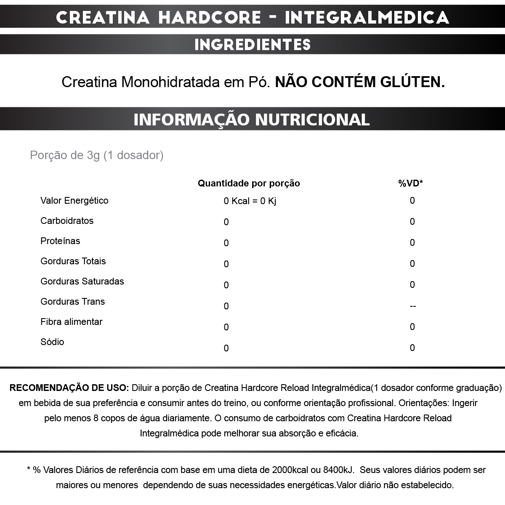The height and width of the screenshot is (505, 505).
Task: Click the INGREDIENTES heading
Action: (x=252, y=45)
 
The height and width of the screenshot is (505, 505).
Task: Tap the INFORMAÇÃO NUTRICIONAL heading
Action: (x=252, y=120)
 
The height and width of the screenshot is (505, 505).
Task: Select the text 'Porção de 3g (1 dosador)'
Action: (x=97, y=155)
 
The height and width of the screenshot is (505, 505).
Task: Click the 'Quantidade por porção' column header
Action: (x=249, y=183)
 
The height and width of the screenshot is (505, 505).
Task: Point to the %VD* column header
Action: (x=410, y=183)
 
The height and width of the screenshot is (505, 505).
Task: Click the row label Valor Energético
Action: (x=74, y=201)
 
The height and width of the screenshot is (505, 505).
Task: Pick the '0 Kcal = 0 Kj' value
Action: (x=250, y=201)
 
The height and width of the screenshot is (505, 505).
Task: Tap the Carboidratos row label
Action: (x=67, y=221)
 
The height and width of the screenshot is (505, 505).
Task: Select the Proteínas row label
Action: (x=60, y=241)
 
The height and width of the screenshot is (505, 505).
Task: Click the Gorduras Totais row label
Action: (x=73, y=261)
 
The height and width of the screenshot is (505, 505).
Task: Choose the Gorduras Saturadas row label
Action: (x=82, y=282)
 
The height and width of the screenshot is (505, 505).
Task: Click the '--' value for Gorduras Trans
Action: (x=412, y=306)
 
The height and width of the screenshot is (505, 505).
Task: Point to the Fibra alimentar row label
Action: (x=72, y=322)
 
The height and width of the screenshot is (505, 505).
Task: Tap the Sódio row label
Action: (x=52, y=342)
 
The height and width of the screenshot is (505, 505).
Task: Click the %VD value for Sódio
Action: (x=412, y=348)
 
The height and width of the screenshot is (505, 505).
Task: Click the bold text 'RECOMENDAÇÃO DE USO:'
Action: (x=69, y=388)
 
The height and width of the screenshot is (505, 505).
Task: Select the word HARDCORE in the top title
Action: (x=210, y=18)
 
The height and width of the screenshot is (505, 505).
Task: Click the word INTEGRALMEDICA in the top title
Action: (x=367, y=18)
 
